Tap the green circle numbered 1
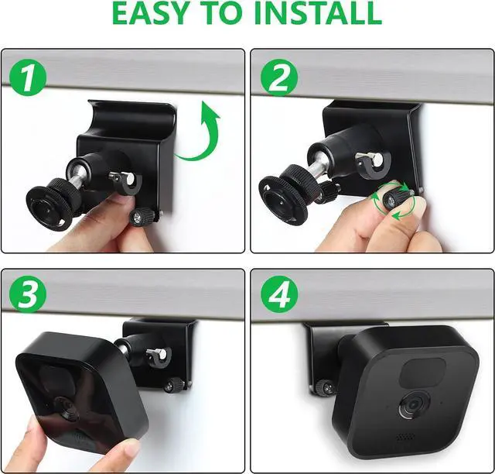coord(28,77)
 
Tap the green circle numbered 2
coord(279,77)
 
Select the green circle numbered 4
coord(279,294)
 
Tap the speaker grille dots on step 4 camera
coord(405,437)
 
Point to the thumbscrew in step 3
coord(174,385)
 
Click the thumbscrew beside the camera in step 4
coord(324,387)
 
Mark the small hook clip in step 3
coord(159,357)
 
